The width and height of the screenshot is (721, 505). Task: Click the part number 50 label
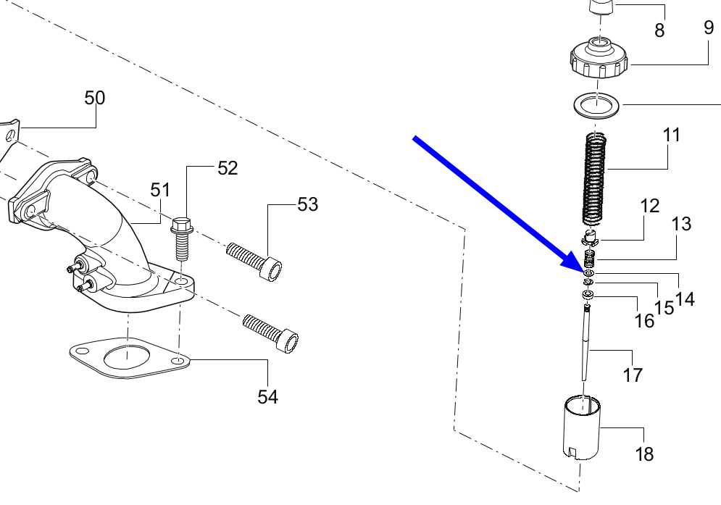(x=95, y=98)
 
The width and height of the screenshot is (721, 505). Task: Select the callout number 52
(x=228, y=168)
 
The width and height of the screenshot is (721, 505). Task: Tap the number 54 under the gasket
(x=267, y=397)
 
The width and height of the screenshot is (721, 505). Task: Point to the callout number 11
(x=671, y=135)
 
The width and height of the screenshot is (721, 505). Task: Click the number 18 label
(x=644, y=454)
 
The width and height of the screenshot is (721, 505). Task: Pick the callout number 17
(x=633, y=375)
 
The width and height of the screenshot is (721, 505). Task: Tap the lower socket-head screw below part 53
(x=271, y=333)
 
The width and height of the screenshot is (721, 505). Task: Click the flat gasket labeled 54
(x=130, y=359)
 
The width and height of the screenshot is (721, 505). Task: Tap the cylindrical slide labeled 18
(x=582, y=427)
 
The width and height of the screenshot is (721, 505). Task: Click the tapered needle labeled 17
(x=585, y=343)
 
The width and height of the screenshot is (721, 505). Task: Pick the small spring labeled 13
(x=591, y=259)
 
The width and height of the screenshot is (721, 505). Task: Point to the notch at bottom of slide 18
(x=572, y=453)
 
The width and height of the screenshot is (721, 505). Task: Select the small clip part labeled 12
(x=590, y=238)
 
